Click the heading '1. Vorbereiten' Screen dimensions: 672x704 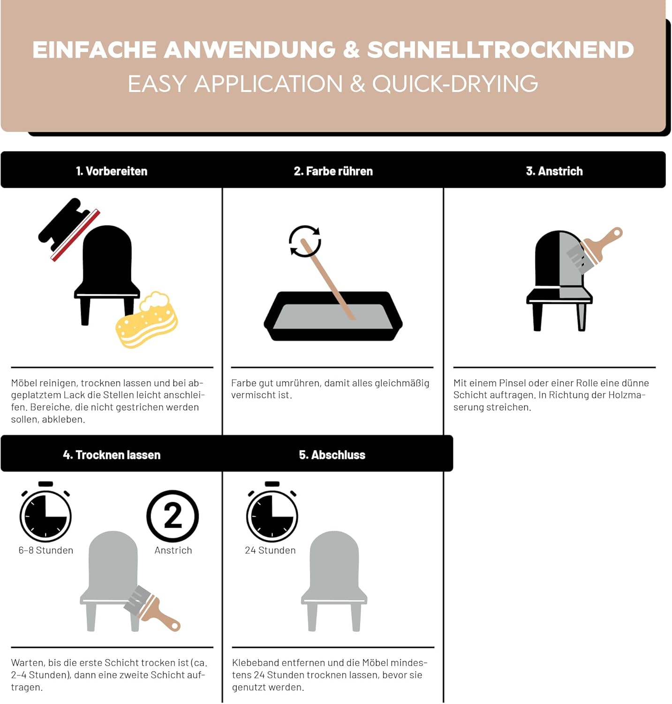112,171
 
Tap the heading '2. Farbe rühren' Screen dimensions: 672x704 333,171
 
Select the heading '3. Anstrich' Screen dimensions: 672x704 554,171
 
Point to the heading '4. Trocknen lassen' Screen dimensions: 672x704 112,455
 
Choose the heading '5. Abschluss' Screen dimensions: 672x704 332,455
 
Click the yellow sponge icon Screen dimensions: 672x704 147,320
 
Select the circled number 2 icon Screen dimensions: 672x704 173,516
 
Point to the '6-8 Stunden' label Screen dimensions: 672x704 46,551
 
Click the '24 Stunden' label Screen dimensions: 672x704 270,551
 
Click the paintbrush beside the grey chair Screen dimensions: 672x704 151,608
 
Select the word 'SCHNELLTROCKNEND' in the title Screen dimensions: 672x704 500,50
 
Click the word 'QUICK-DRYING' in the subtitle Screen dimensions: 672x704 455,84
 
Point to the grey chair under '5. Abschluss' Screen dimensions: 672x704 334,581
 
